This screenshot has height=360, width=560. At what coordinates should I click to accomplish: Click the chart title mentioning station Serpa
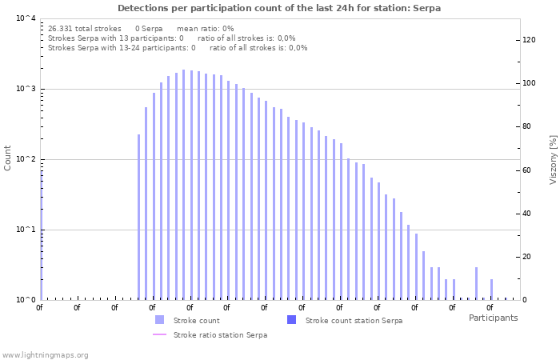[279, 8]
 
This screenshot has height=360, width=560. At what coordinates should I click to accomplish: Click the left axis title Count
[8, 158]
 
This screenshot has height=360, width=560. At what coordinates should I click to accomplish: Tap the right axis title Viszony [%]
[552, 159]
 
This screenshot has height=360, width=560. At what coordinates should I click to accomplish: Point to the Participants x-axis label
[493, 318]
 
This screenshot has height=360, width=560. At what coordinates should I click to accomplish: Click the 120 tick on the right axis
[529, 40]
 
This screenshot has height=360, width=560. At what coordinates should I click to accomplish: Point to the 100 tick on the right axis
[529, 83]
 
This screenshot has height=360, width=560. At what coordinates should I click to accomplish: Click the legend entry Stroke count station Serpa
[354, 320]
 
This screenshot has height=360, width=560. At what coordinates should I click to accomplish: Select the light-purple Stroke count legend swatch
[159, 320]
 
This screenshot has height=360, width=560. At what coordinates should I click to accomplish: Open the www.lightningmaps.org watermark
[46, 354]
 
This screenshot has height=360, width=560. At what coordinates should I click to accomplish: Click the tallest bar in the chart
[183, 184]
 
